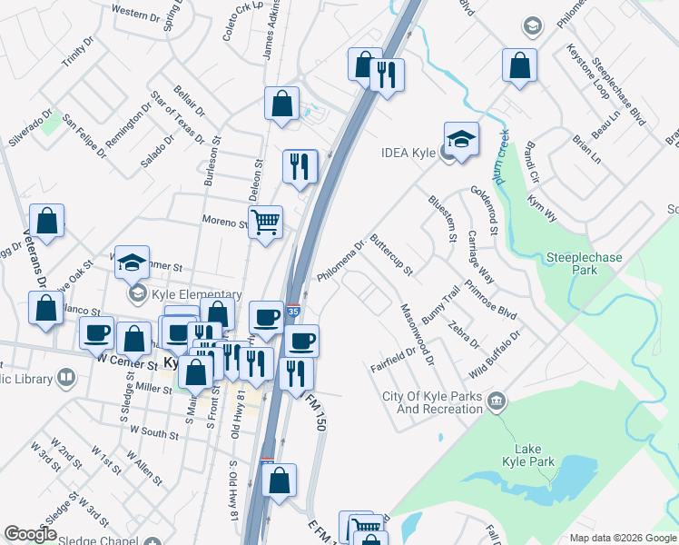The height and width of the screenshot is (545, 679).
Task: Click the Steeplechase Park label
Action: click(x=584, y=263)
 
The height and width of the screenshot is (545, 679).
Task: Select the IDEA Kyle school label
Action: click(x=410, y=153)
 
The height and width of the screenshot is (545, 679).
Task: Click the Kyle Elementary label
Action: click(x=196, y=295)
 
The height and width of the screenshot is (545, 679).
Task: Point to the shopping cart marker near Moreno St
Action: click(x=265, y=221)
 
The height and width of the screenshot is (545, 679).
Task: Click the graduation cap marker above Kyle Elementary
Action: click(x=133, y=263)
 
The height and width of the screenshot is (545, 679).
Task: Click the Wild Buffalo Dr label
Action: click(x=495, y=355)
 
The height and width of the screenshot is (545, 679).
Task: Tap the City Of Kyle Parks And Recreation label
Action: click(x=432, y=402)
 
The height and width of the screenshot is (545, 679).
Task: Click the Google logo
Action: click(x=30, y=534)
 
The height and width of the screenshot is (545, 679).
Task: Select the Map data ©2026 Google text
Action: click(x=622, y=538)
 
